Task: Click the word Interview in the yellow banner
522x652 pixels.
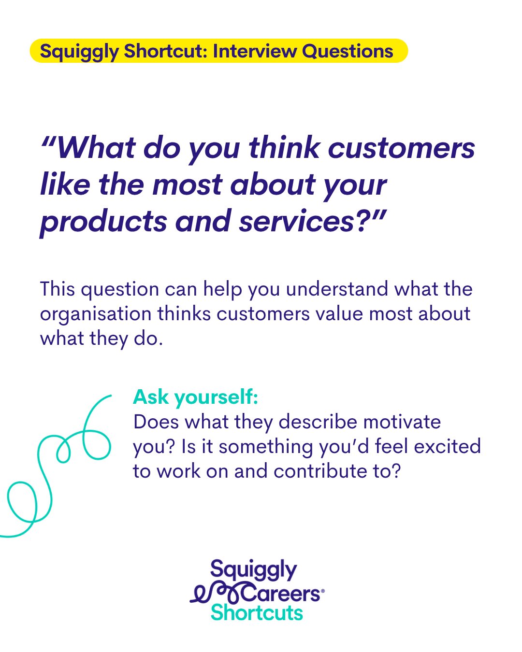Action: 255,51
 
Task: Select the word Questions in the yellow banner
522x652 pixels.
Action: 348,51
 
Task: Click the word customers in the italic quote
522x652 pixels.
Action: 402,148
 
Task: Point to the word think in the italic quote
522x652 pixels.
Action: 284,148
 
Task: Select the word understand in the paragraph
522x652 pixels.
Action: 337,289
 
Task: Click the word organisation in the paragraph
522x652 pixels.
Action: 96,314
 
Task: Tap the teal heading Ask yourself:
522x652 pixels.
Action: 196,397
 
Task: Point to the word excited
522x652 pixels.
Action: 448,447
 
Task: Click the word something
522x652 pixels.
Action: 266,448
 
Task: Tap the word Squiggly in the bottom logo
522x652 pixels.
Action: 254,570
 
